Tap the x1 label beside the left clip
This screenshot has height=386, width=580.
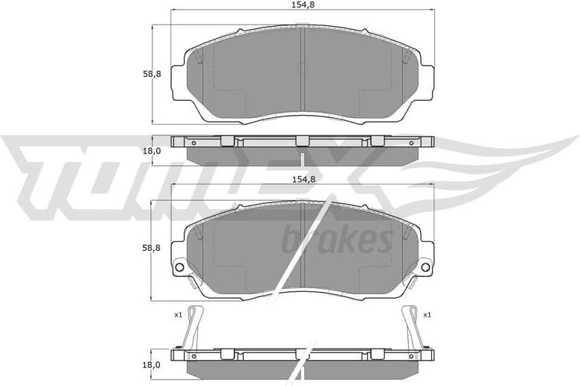[x=178, y=315]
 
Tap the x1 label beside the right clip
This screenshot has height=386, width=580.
[x=426, y=315]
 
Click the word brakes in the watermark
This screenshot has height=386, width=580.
[x=336, y=240]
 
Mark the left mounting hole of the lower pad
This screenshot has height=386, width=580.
[x=179, y=267]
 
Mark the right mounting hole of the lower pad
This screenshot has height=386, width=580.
[x=425, y=267]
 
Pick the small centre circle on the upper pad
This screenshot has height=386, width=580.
[x=302, y=68]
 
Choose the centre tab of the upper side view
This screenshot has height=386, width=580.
[x=301, y=140]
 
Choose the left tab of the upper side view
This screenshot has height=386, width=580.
[x=228, y=140]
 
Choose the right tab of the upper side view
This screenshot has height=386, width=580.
[x=377, y=140]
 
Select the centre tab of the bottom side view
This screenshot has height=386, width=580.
[x=301, y=353]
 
